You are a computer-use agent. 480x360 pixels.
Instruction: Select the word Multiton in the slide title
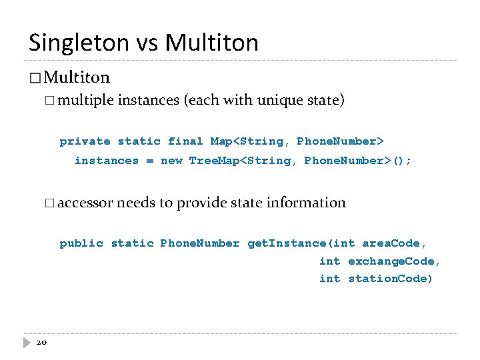212,43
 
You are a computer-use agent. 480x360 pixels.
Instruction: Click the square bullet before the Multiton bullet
35,79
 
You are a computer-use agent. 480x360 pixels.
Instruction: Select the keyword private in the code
85,141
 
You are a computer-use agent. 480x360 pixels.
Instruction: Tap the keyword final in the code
186,141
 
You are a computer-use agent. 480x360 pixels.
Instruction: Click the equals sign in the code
149,161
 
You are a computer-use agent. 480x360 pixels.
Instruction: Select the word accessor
86,203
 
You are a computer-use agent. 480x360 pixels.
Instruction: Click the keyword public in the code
81,243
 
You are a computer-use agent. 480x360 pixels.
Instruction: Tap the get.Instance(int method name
301,243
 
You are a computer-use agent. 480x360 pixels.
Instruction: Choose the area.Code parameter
394,243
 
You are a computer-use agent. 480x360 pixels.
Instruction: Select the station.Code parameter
390,279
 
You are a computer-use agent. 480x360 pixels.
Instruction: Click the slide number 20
41,342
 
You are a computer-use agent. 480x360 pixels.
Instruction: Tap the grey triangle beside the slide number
27,342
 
